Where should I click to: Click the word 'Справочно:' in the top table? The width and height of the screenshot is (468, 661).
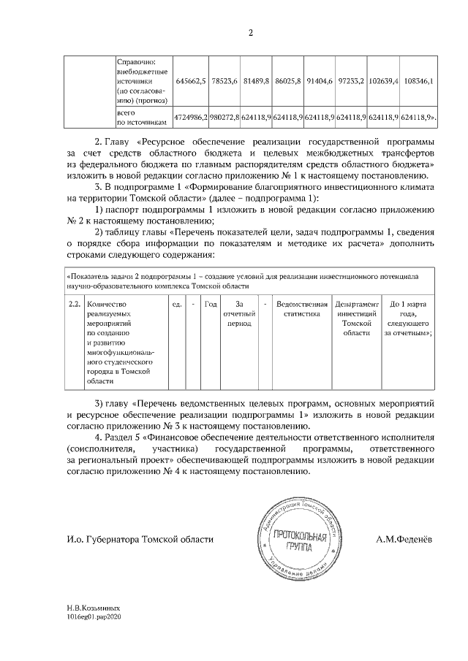137,61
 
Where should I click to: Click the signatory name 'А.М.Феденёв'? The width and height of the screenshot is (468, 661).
404,540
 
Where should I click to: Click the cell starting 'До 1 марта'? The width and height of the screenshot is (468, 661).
408,318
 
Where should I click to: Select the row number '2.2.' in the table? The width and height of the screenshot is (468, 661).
73,303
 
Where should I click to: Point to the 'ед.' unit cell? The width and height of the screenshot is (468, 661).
176,303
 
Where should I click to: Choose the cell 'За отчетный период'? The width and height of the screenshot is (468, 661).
239,313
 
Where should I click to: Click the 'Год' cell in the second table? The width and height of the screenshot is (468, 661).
210,303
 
